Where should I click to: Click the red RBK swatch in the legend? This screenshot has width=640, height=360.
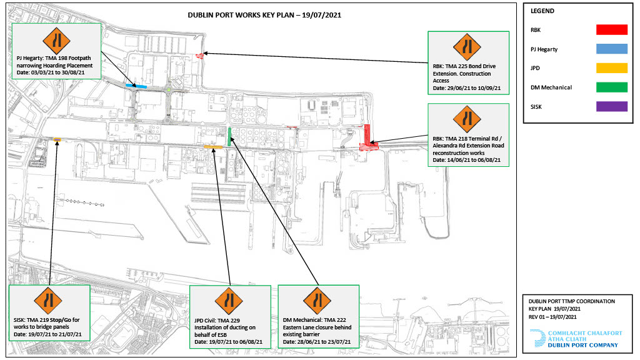[611, 30]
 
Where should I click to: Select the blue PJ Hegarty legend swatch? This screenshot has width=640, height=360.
[611, 49]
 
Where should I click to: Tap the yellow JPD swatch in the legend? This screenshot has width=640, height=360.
[611, 67]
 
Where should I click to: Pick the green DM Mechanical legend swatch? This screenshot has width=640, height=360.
[611, 87]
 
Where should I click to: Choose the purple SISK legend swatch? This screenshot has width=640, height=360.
[611, 106]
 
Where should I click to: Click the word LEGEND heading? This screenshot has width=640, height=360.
[542, 11]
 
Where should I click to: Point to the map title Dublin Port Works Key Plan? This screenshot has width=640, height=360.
[264, 15]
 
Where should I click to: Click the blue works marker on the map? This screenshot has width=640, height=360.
[136, 86]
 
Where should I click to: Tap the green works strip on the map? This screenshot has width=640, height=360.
[229, 137]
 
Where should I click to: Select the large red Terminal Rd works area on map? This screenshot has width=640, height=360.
[367, 139]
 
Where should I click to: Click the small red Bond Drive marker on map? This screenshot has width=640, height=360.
[199, 56]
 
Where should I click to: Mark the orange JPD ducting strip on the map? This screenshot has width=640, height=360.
[213, 147]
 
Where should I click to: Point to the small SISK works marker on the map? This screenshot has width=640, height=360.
[57, 139]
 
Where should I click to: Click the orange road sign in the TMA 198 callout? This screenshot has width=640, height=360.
[56, 41]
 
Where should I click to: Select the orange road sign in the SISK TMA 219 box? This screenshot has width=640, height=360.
[48, 301]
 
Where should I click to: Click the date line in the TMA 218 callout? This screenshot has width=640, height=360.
[466, 160]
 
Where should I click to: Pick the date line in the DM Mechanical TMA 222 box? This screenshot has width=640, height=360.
[317, 342]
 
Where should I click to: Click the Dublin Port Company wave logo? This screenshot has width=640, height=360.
[537, 339]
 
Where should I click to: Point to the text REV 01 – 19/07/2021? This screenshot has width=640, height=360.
[552, 317]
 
